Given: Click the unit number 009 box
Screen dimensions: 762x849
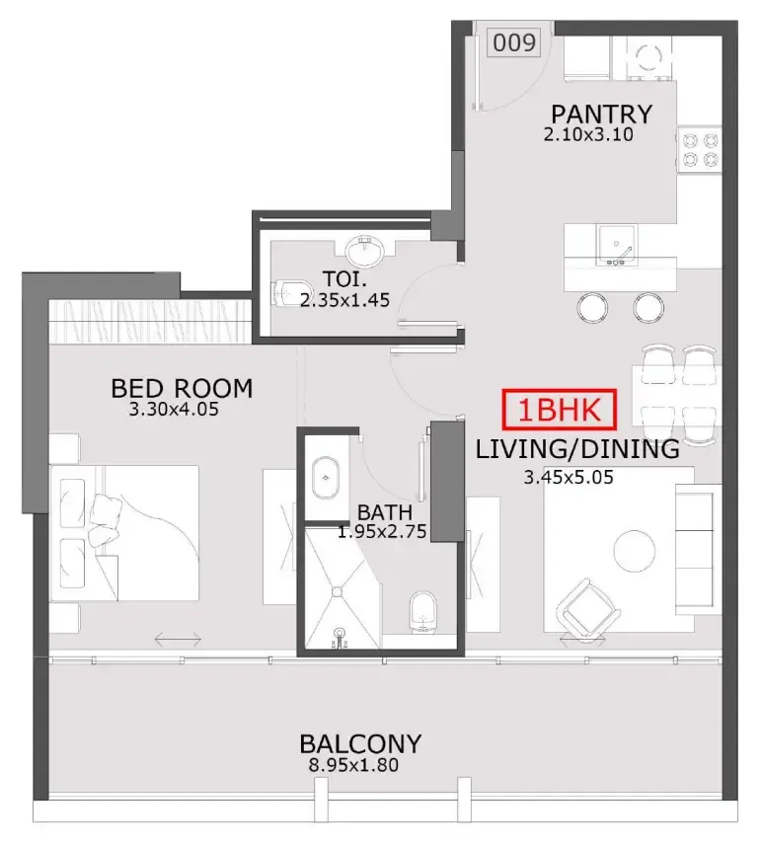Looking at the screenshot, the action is tap(514, 42).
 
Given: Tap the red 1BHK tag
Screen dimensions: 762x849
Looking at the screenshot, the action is tap(560, 410).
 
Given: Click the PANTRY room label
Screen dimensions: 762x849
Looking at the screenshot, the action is tap(602, 115).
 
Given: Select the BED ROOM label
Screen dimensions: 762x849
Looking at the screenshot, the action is tap(182, 389).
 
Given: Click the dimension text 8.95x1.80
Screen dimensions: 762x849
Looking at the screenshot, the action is tap(353, 766).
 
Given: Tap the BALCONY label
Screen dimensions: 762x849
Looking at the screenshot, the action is tap(360, 744).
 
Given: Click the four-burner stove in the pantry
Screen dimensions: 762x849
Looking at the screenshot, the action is tap(700, 150).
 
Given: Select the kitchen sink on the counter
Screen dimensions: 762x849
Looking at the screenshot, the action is tap(617, 245).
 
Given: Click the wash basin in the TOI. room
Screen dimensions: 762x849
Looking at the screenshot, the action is tap(365, 251).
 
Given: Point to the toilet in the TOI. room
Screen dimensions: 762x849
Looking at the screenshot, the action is tap(291, 292).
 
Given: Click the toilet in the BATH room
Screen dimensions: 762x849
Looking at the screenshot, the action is tap(422, 612).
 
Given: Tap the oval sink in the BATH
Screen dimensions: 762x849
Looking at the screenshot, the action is tap(326, 478).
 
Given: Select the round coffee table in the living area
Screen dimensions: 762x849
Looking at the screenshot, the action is tap(635, 552).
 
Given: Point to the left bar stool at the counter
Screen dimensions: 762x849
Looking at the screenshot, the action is tap(592, 308).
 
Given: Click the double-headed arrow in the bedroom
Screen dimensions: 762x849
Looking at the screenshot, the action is tap(178, 640).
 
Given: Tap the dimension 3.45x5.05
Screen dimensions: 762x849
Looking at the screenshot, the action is tap(569, 478).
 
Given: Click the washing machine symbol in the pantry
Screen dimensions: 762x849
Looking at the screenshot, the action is tap(648, 58).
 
